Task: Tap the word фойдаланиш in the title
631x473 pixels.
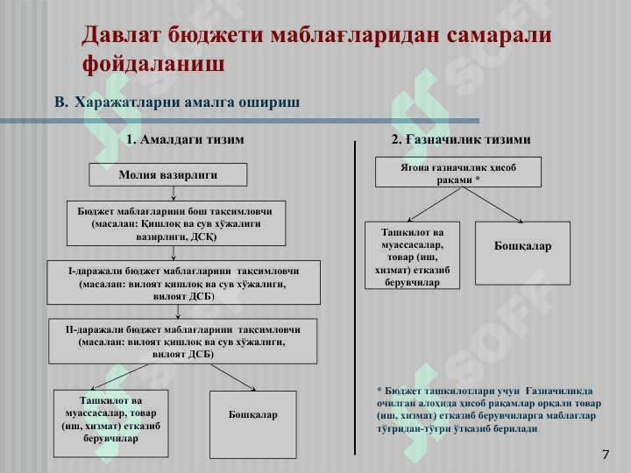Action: (153, 64)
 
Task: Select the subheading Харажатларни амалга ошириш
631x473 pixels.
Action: (188, 102)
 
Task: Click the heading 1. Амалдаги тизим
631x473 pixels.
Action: (185, 139)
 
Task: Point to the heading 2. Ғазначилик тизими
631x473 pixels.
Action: (461, 139)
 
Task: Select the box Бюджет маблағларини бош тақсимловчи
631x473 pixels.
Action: (174, 224)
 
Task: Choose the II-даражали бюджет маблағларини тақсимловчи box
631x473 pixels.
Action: (183, 342)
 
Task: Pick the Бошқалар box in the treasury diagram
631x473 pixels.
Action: (522, 253)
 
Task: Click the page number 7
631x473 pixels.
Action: (606, 454)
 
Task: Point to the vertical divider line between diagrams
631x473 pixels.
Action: (355, 298)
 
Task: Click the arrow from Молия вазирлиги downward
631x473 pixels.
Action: (174, 194)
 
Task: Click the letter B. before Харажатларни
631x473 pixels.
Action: (60, 102)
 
